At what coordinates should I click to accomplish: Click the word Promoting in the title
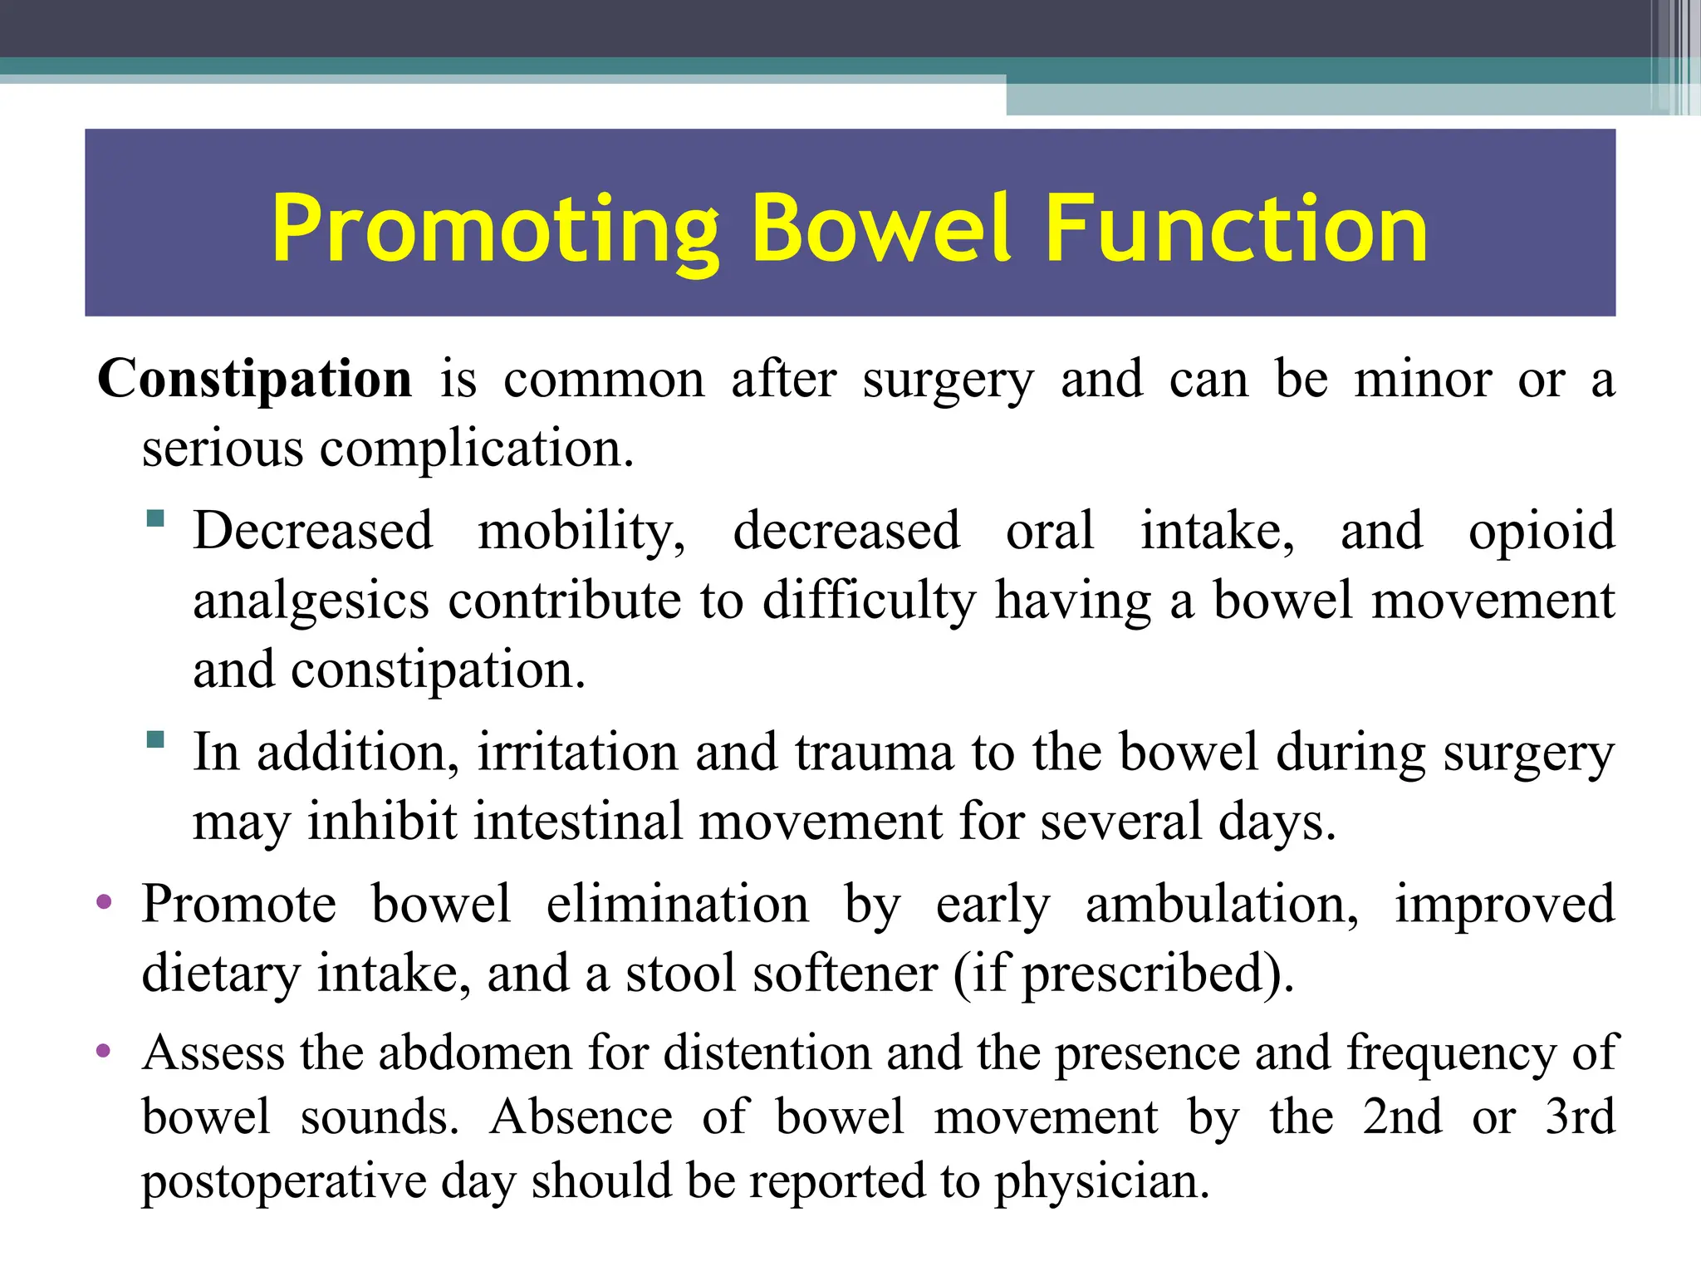(x=495, y=228)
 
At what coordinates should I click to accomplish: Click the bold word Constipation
(x=254, y=380)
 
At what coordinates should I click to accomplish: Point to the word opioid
(x=1541, y=532)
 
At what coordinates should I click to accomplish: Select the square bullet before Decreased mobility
(x=155, y=519)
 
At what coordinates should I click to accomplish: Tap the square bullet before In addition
(x=155, y=739)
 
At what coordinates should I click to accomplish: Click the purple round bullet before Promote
(x=104, y=902)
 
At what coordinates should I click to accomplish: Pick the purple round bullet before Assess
(x=104, y=1052)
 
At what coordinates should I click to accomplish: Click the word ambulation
(x=1221, y=905)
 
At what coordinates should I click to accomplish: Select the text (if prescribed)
(x=1123, y=974)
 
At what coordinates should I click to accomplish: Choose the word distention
(x=767, y=1053)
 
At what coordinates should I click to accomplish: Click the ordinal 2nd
(x=1402, y=1117)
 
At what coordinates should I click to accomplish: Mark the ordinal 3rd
(x=1580, y=1117)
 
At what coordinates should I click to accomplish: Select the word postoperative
(x=283, y=1183)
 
